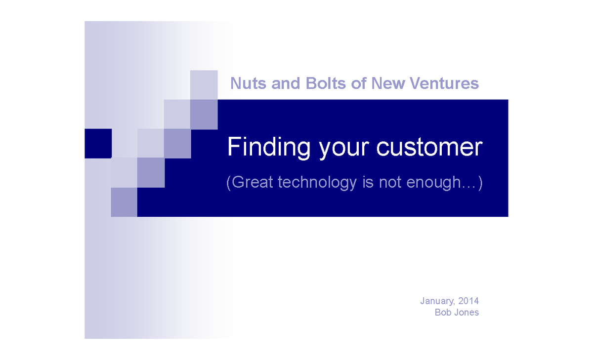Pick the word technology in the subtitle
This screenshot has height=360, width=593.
[317, 183]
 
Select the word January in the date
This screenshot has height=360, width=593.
[436, 301]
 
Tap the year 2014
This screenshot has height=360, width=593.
[468, 301]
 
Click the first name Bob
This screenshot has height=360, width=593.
[442, 313]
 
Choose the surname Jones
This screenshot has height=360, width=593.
[466, 313]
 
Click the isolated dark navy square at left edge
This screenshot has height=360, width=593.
[98, 144]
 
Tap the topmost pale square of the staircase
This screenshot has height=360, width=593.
[204, 84]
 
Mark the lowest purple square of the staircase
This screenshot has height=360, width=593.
[124, 202]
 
